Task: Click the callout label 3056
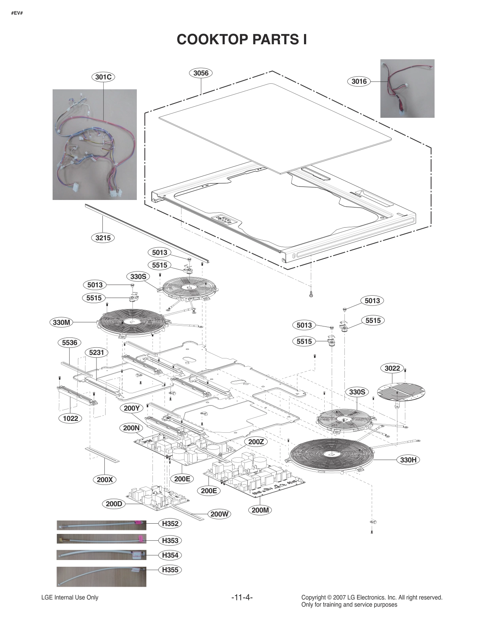[x=201, y=73]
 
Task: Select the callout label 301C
[x=103, y=77]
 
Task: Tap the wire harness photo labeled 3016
[x=407, y=89]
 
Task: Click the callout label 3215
[x=103, y=238]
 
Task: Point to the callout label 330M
[x=62, y=322]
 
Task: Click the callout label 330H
[x=408, y=460]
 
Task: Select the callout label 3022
[x=392, y=368]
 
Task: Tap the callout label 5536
[x=70, y=343]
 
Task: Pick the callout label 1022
[x=70, y=418]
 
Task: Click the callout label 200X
[x=105, y=480]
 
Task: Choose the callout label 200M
[x=260, y=510]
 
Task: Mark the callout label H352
[x=170, y=524]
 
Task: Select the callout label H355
[x=170, y=570]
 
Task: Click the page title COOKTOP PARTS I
[x=242, y=40]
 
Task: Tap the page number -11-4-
[x=242, y=597]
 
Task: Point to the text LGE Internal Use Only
[x=70, y=598]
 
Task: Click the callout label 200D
[x=114, y=504]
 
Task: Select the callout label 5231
[x=96, y=352]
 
